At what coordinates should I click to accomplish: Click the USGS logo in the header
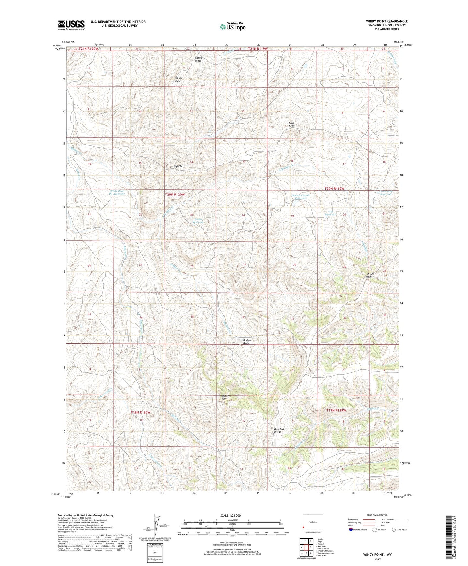click(71, 25)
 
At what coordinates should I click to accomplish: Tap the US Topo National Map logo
click(233, 27)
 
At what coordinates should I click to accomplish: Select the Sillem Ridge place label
click(198, 59)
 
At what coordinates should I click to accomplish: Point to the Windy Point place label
click(178, 80)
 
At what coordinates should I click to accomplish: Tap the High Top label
click(178, 166)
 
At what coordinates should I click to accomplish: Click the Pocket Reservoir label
click(198, 221)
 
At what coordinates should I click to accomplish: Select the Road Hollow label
click(370, 275)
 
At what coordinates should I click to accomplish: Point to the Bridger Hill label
click(226, 397)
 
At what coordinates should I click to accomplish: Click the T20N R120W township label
click(175, 195)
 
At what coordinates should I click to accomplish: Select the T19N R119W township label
click(336, 410)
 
